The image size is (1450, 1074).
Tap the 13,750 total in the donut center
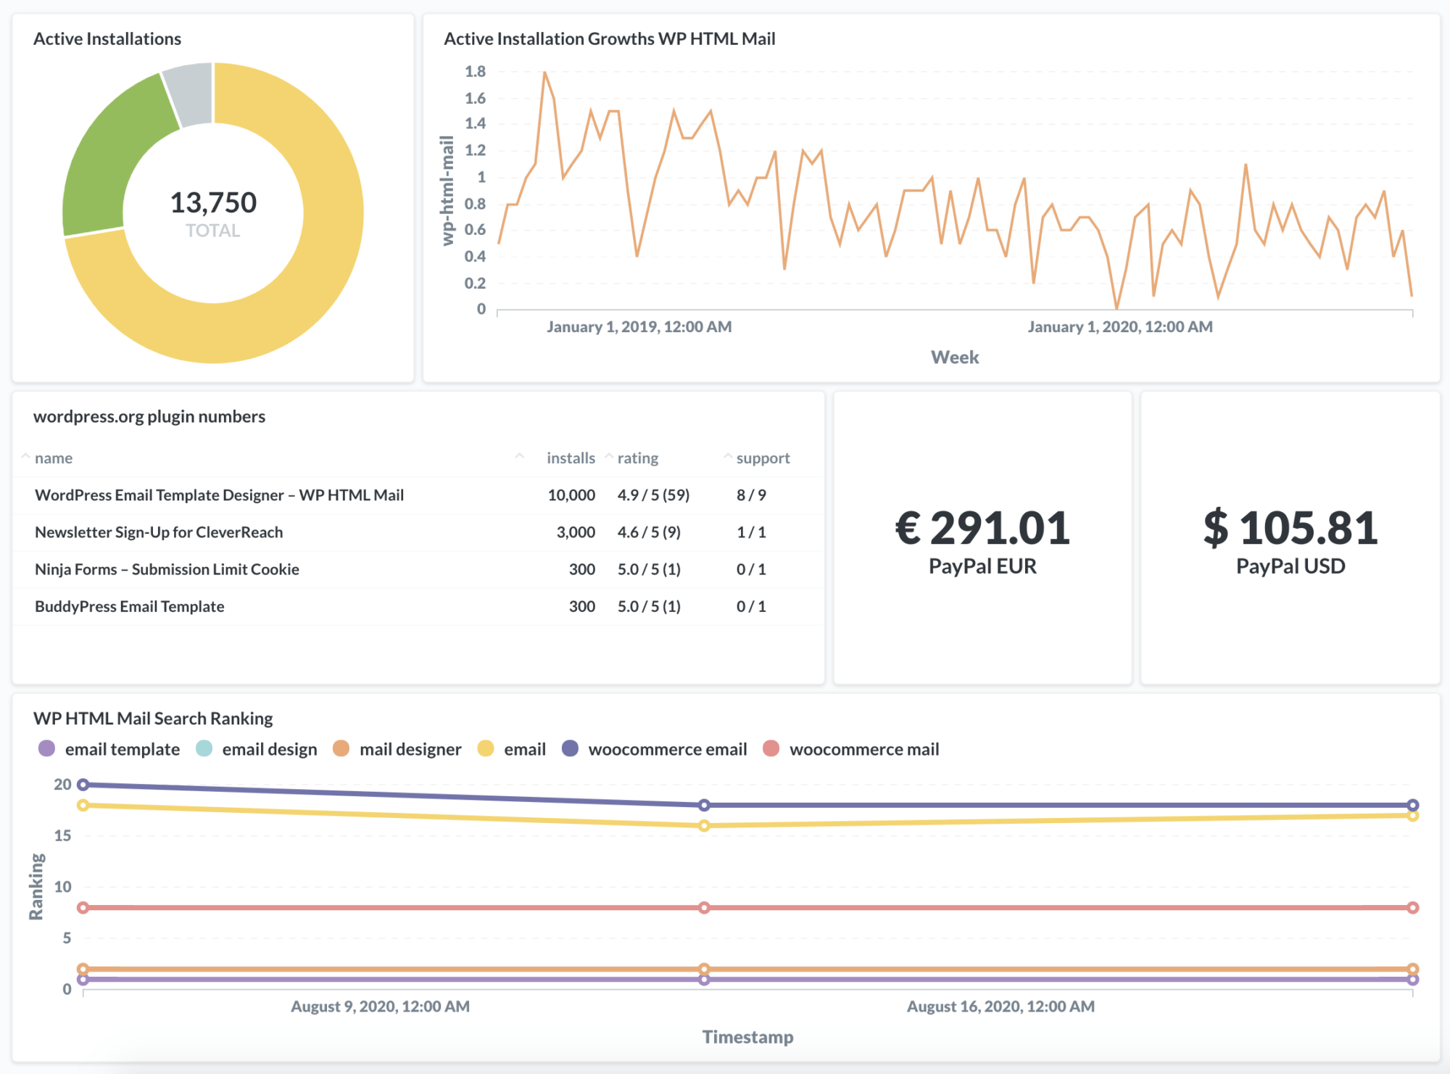point(213,203)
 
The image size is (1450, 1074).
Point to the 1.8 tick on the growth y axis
point(475,72)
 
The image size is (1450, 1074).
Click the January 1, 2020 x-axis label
point(1120,327)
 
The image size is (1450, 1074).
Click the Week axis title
point(955,358)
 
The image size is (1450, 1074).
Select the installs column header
point(571,458)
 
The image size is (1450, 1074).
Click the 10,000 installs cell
point(571,495)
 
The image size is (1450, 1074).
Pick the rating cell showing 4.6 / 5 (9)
point(649,532)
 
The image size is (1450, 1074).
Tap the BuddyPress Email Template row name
point(130,607)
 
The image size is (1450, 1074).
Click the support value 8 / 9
point(751,495)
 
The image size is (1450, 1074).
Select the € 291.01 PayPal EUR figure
point(982,528)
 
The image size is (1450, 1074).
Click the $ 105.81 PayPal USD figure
point(1290,528)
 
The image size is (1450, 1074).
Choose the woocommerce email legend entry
point(667,749)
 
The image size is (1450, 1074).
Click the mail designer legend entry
point(410,749)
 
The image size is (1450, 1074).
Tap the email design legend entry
point(269,749)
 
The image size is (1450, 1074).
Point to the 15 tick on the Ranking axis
point(63,835)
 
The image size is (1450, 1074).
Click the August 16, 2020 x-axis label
point(1000,1007)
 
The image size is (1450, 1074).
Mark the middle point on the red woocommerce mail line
point(704,908)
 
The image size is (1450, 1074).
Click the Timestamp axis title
point(747,1037)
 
